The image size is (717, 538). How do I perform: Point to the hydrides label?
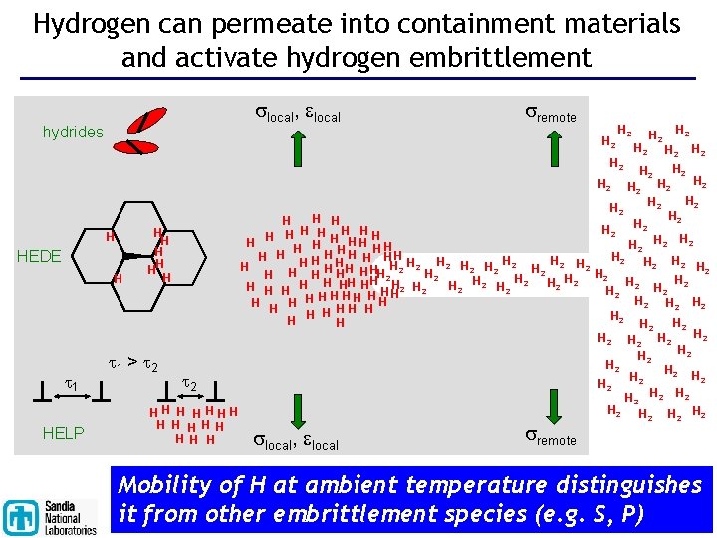coord(73,132)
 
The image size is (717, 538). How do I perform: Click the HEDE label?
coord(39,256)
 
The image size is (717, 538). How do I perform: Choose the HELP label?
coord(64,432)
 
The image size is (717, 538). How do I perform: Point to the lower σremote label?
coord(550,438)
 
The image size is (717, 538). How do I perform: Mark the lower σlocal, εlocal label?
coord(295,443)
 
